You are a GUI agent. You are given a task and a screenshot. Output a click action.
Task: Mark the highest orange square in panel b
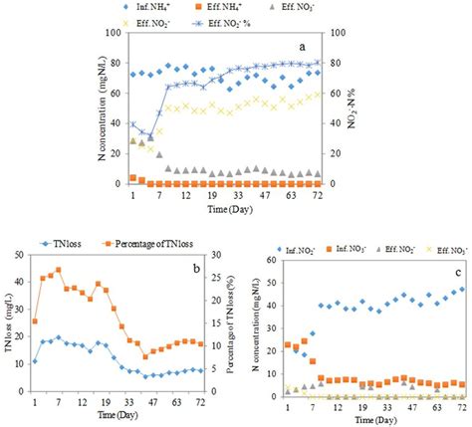tap(59, 270)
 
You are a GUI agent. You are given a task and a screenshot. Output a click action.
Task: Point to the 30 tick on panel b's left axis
tap(23, 257)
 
